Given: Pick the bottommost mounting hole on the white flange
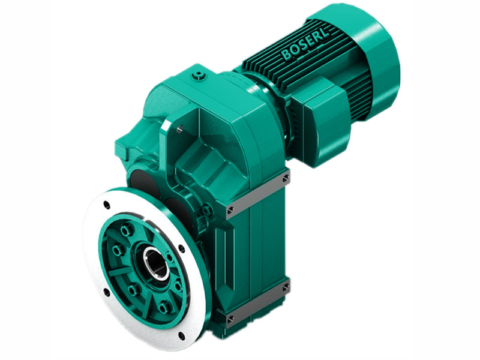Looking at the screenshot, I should pyautogui.click(x=181, y=335).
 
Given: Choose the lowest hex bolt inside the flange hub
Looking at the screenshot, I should pyautogui.click(x=163, y=308).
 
